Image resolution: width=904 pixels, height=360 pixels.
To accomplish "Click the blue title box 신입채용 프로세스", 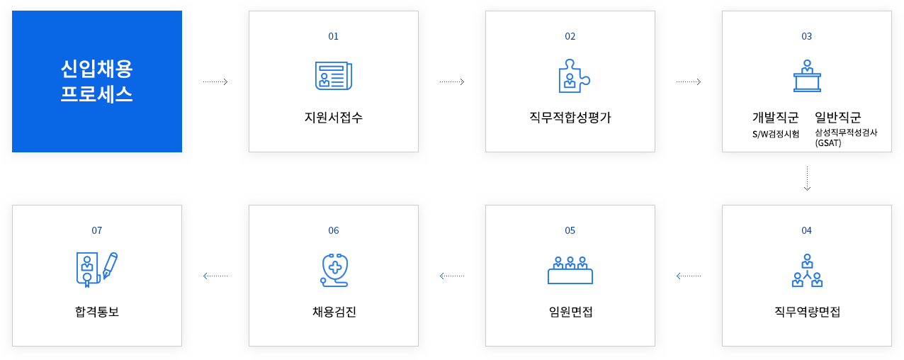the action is (x=97, y=81).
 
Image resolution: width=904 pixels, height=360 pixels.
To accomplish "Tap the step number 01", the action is (x=334, y=36).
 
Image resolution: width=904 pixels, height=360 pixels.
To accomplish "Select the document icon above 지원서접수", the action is (x=334, y=75).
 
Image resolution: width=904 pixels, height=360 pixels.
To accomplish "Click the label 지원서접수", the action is (x=334, y=118).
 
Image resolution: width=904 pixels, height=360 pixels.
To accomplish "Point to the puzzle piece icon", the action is (x=574, y=76).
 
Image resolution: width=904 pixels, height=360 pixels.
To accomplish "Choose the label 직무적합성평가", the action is (x=570, y=118).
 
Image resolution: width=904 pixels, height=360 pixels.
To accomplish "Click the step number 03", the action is (x=807, y=36).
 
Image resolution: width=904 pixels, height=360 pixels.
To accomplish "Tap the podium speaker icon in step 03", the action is (x=807, y=76).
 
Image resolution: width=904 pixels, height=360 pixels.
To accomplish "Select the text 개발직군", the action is (x=776, y=118).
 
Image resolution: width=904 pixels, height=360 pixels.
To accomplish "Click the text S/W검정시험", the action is (x=776, y=134).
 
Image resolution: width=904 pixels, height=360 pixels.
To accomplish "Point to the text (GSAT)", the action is (x=828, y=143).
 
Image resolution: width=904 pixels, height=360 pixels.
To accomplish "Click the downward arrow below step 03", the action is (x=807, y=179).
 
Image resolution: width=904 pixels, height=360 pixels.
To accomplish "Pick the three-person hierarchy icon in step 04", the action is (x=807, y=271).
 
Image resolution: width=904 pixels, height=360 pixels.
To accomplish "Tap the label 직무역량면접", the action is (x=807, y=312).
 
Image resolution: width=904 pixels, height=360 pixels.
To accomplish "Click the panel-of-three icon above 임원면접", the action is (x=570, y=271).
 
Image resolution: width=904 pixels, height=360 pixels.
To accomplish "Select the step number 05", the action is (x=570, y=230).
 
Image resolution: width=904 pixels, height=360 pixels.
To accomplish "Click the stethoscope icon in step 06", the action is (x=334, y=270).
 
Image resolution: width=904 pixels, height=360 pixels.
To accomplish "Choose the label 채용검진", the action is (x=334, y=312).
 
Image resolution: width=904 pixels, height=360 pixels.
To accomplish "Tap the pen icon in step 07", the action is (x=111, y=266).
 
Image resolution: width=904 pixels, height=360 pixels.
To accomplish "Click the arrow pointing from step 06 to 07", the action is (x=215, y=276).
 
